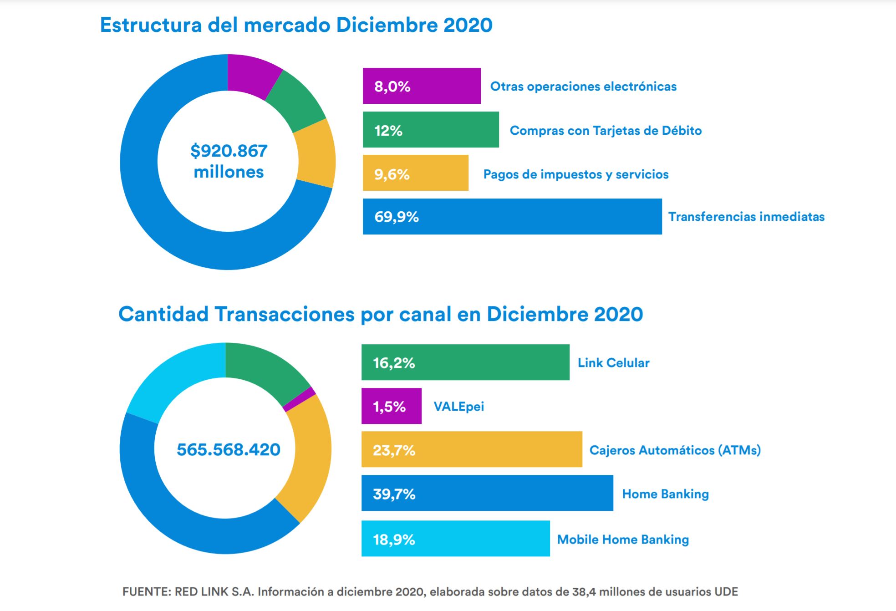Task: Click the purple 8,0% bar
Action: point(422,86)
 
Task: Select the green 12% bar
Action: point(431,130)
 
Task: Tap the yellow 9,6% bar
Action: point(415,173)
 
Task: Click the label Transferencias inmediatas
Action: point(746,217)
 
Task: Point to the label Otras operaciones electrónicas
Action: point(583,87)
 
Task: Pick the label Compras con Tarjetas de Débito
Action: point(606,131)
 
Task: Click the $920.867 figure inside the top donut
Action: point(229,151)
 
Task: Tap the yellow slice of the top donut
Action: point(316,154)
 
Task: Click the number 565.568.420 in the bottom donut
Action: point(229,450)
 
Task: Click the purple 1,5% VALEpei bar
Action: point(391,406)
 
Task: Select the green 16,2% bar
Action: point(465,362)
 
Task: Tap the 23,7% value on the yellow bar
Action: point(394,450)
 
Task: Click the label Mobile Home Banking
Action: point(623,540)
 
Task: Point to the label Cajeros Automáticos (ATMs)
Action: point(675,450)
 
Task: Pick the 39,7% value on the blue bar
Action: point(394,494)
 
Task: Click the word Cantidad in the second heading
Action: point(163,314)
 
